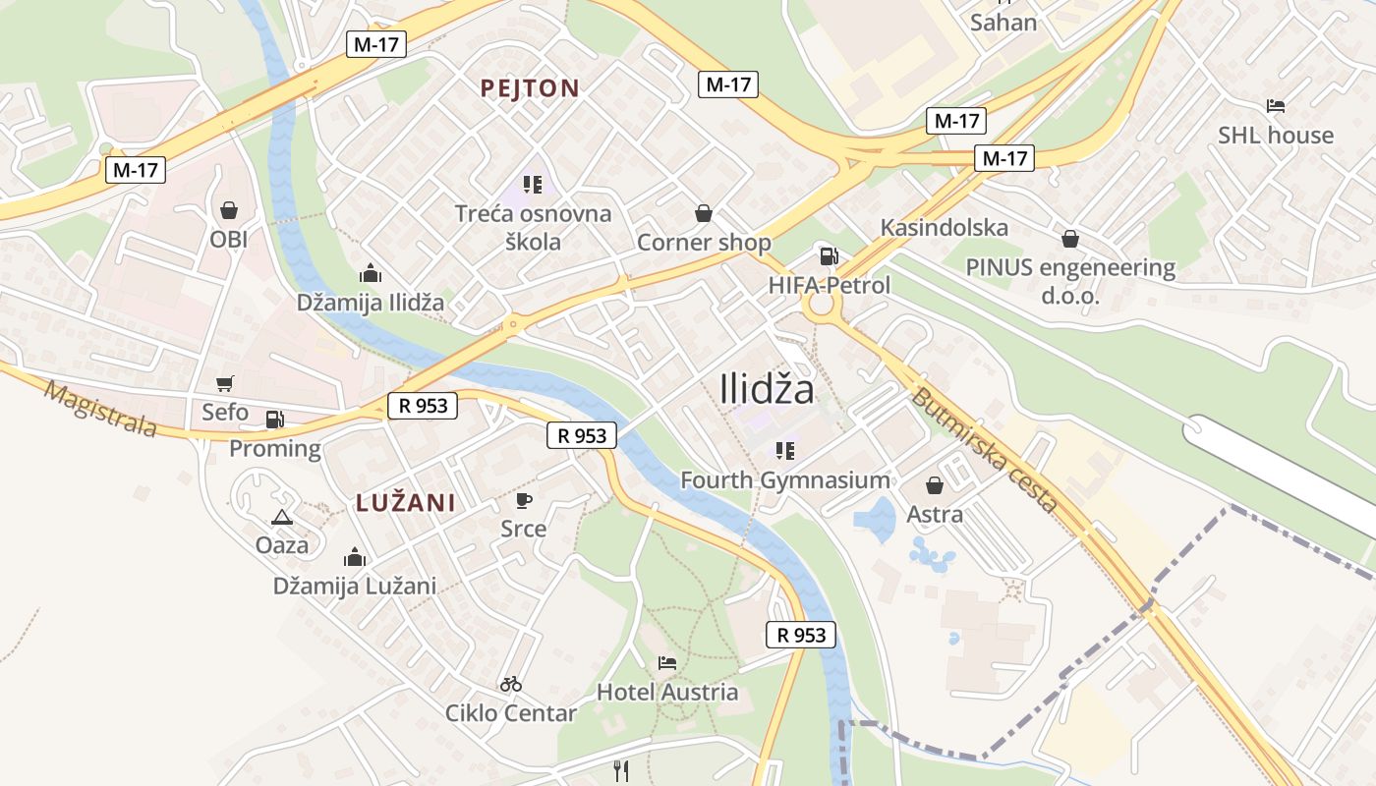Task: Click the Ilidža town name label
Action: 767,390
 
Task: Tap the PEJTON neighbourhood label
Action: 530,88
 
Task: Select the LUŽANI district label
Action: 406,503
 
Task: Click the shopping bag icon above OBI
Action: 229,210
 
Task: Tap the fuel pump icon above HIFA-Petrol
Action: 829,256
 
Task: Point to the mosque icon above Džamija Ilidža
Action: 371,273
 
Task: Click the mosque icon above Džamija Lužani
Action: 355,558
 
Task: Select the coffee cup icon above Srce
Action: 524,500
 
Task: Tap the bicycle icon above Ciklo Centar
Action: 511,684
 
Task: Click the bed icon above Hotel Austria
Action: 667,663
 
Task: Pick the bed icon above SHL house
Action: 1276,106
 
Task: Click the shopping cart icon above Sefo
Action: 225,383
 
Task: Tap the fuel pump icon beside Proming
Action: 274,420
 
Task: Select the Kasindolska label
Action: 944,228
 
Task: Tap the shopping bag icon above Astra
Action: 935,485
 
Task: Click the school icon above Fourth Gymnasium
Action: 784,451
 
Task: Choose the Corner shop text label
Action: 704,243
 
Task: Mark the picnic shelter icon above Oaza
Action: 282,517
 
